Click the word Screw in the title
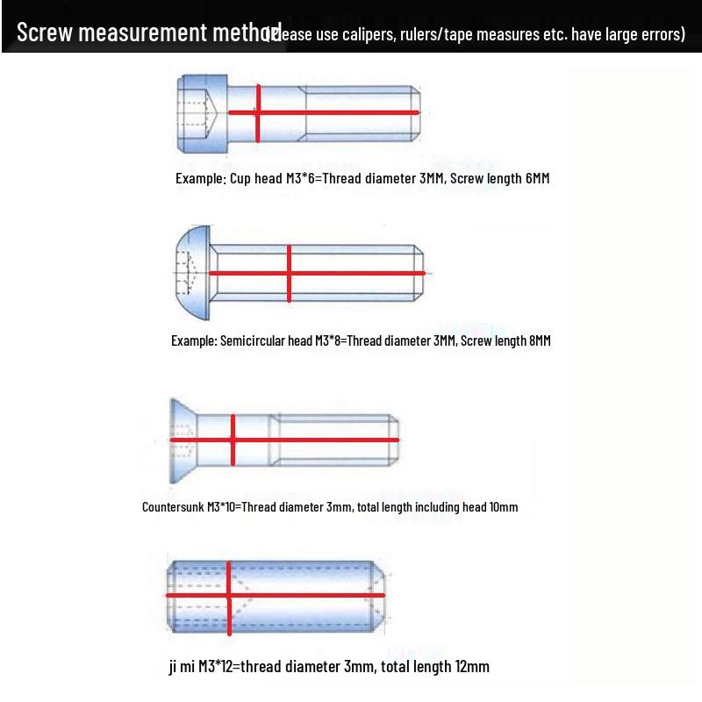coord(43,33)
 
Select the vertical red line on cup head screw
coord(258,113)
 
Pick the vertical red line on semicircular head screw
coord(290,274)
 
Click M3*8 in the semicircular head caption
coord(330,340)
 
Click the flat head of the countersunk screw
coord(179,440)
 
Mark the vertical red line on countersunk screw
coord(233,440)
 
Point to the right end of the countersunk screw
coord(396,440)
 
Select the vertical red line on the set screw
coord(229,596)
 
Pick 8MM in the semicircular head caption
coord(540,340)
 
